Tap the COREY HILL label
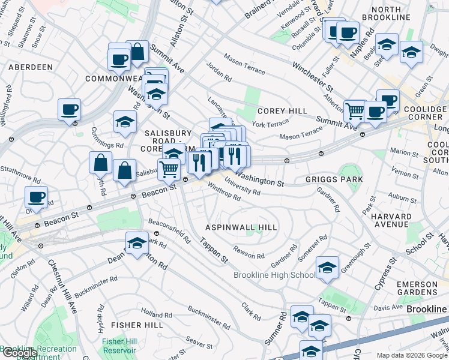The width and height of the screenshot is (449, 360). pyautogui.click(x=282, y=111)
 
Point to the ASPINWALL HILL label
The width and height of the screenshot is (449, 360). pyautogui.click(x=241, y=227)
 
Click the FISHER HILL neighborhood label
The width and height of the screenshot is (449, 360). pyautogui.click(x=137, y=325)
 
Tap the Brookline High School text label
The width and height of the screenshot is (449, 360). pyautogui.click(x=274, y=275)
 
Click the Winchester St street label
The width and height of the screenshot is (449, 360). pyautogui.click(x=312, y=75)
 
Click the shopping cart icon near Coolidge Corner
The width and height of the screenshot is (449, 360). pyautogui.click(x=355, y=110)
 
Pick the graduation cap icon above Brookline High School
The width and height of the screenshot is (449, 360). pyautogui.click(x=327, y=268)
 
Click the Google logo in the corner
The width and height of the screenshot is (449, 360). pyautogui.click(x=19, y=353)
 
